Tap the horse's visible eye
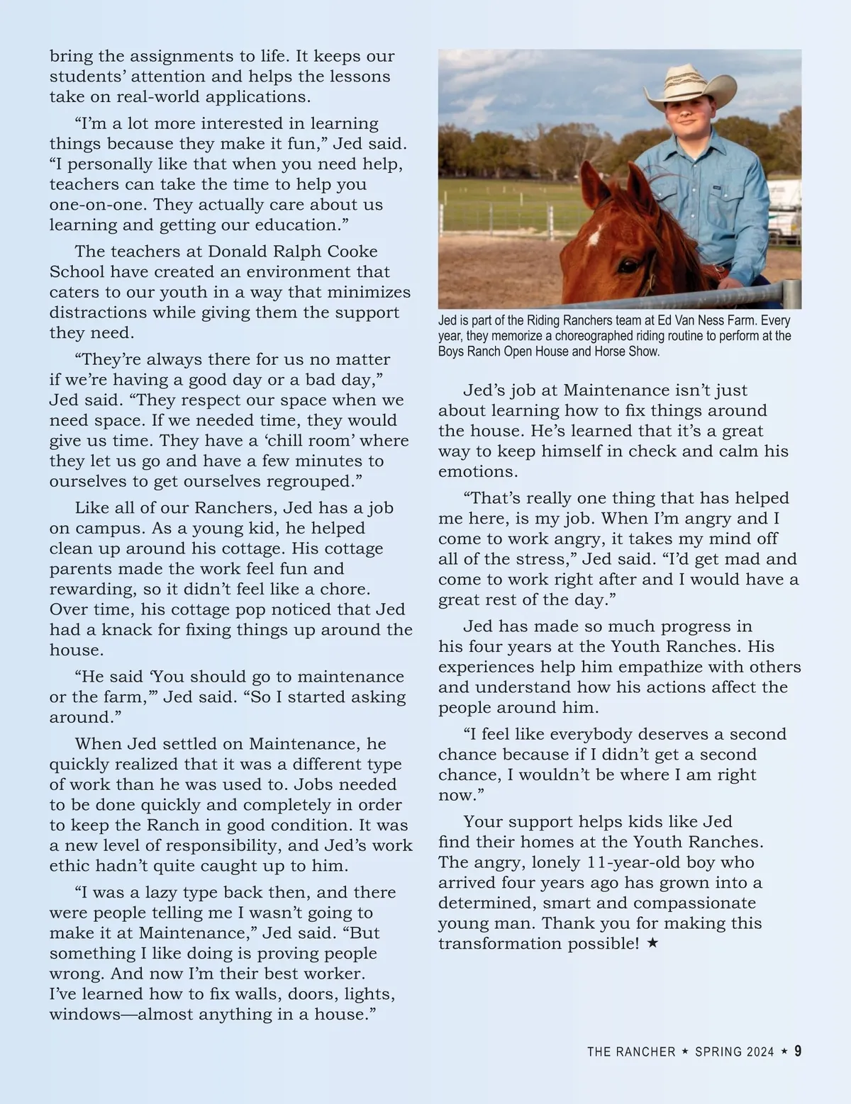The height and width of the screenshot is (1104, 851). point(628,266)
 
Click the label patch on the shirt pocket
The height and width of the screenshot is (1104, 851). point(718,188)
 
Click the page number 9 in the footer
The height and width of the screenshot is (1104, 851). point(797,1052)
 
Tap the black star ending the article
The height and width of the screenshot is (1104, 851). point(652,944)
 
